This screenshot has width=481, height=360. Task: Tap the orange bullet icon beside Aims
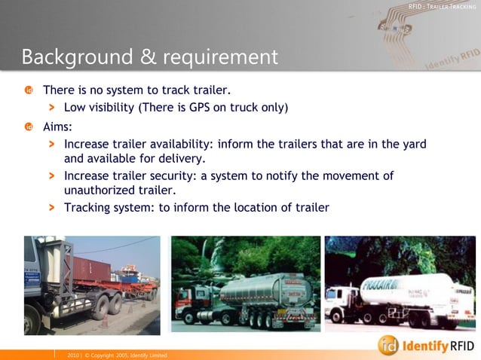coord(28,127)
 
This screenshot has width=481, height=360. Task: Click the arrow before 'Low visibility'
coord(52,107)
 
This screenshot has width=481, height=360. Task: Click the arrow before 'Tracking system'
coord(52,207)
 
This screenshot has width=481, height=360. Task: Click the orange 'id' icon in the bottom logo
coord(388,344)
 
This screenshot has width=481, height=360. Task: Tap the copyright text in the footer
coord(116,354)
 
